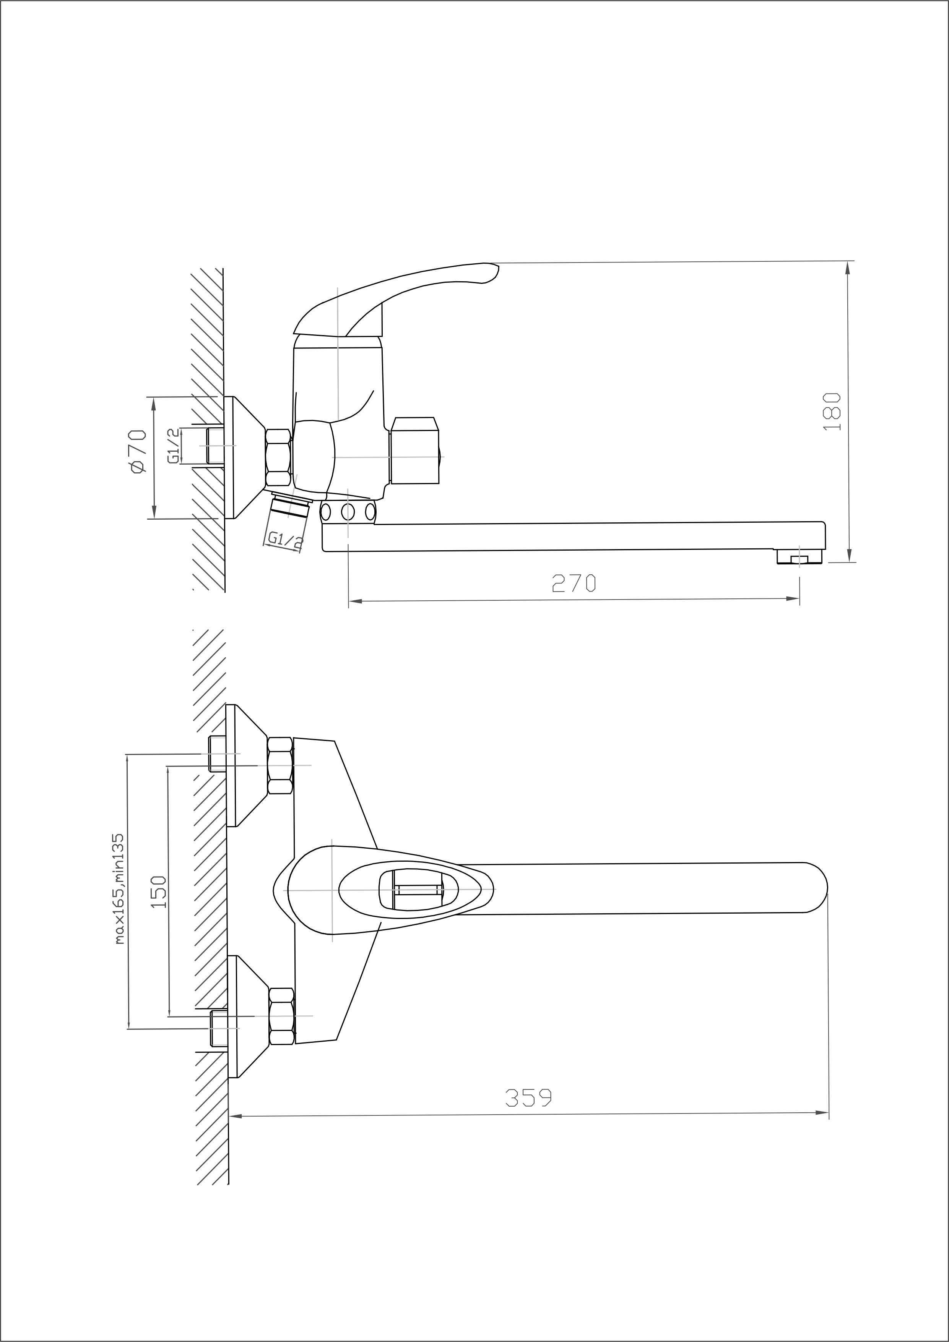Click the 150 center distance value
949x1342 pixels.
tap(158, 891)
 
